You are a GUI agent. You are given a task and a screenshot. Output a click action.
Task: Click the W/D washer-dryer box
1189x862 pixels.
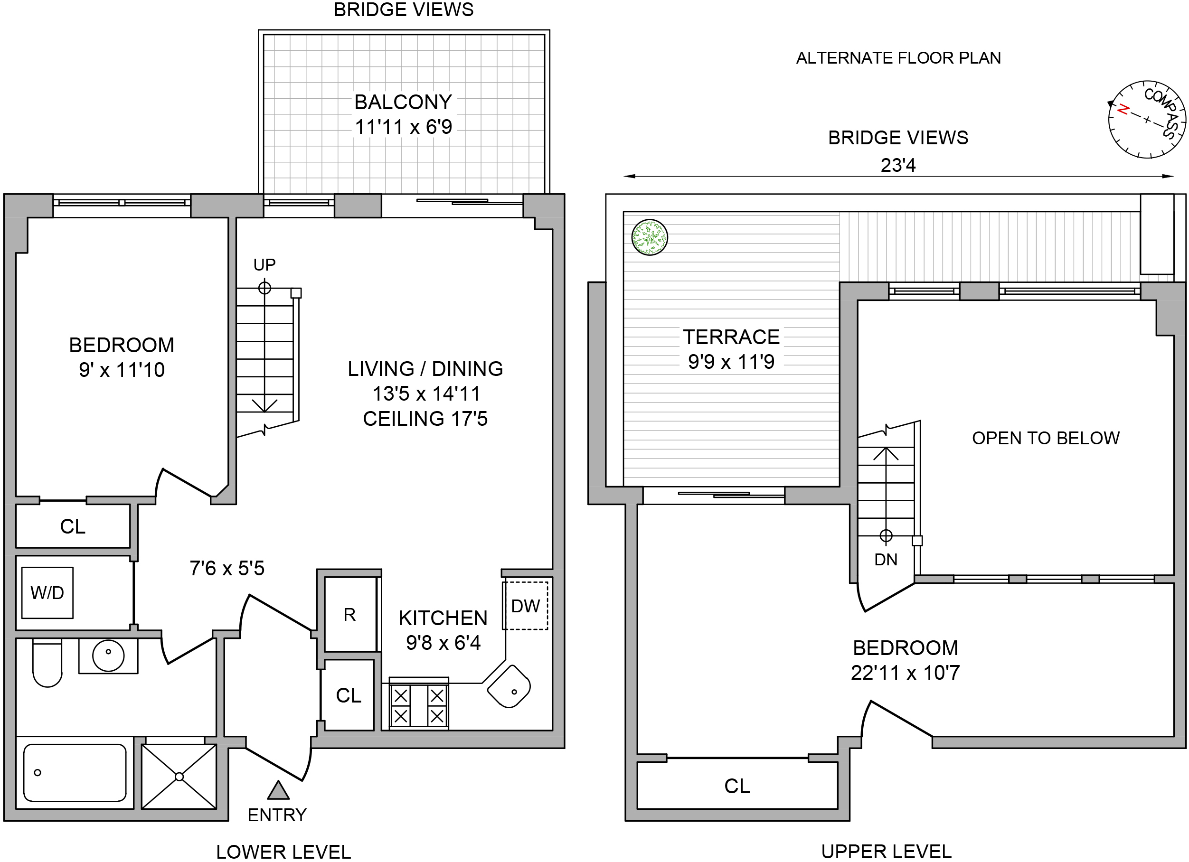click(47, 593)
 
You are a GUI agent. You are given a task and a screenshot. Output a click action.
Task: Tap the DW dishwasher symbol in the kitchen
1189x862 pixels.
click(525, 606)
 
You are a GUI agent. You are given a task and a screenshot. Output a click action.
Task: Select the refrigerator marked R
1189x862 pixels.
click(349, 614)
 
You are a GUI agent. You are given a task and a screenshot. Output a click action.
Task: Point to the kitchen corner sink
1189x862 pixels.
click(509, 686)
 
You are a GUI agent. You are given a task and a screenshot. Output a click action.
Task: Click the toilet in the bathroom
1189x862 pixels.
click(47, 663)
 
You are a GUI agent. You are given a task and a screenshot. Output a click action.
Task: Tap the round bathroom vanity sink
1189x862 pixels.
click(108, 655)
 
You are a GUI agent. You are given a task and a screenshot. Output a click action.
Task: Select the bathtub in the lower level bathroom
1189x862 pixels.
click(75, 773)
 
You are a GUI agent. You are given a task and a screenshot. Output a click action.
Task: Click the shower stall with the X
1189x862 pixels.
click(179, 776)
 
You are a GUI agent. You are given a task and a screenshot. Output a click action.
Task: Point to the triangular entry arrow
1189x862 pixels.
click(278, 791)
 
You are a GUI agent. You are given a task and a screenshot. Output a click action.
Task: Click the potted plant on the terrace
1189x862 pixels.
click(650, 237)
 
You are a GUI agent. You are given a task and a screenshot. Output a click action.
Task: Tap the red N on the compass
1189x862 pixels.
click(1123, 110)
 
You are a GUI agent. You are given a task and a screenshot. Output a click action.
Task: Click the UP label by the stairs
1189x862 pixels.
click(264, 264)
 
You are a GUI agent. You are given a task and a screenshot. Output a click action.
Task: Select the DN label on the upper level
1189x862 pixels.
click(886, 560)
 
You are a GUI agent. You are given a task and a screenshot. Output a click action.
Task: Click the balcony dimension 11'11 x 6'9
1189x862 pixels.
click(403, 127)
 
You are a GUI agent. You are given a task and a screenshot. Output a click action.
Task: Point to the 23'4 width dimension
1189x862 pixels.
click(897, 165)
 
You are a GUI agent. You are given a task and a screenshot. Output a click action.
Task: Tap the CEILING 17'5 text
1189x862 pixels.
click(425, 419)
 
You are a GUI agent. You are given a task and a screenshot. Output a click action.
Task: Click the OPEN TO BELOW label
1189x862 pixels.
click(1045, 438)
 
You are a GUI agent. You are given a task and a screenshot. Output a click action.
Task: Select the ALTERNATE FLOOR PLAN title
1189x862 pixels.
click(898, 57)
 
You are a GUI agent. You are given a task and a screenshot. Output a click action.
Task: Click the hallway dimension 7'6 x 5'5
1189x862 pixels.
click(227, 568)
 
